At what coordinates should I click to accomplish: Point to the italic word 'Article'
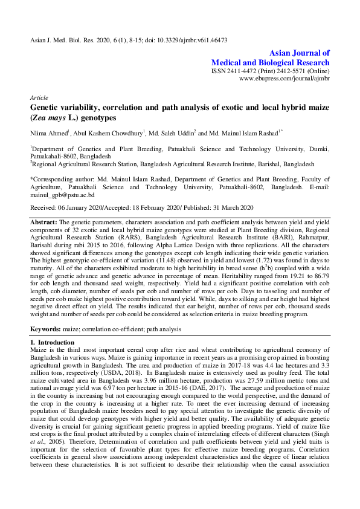pyautogui.click(x=39, y=97)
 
